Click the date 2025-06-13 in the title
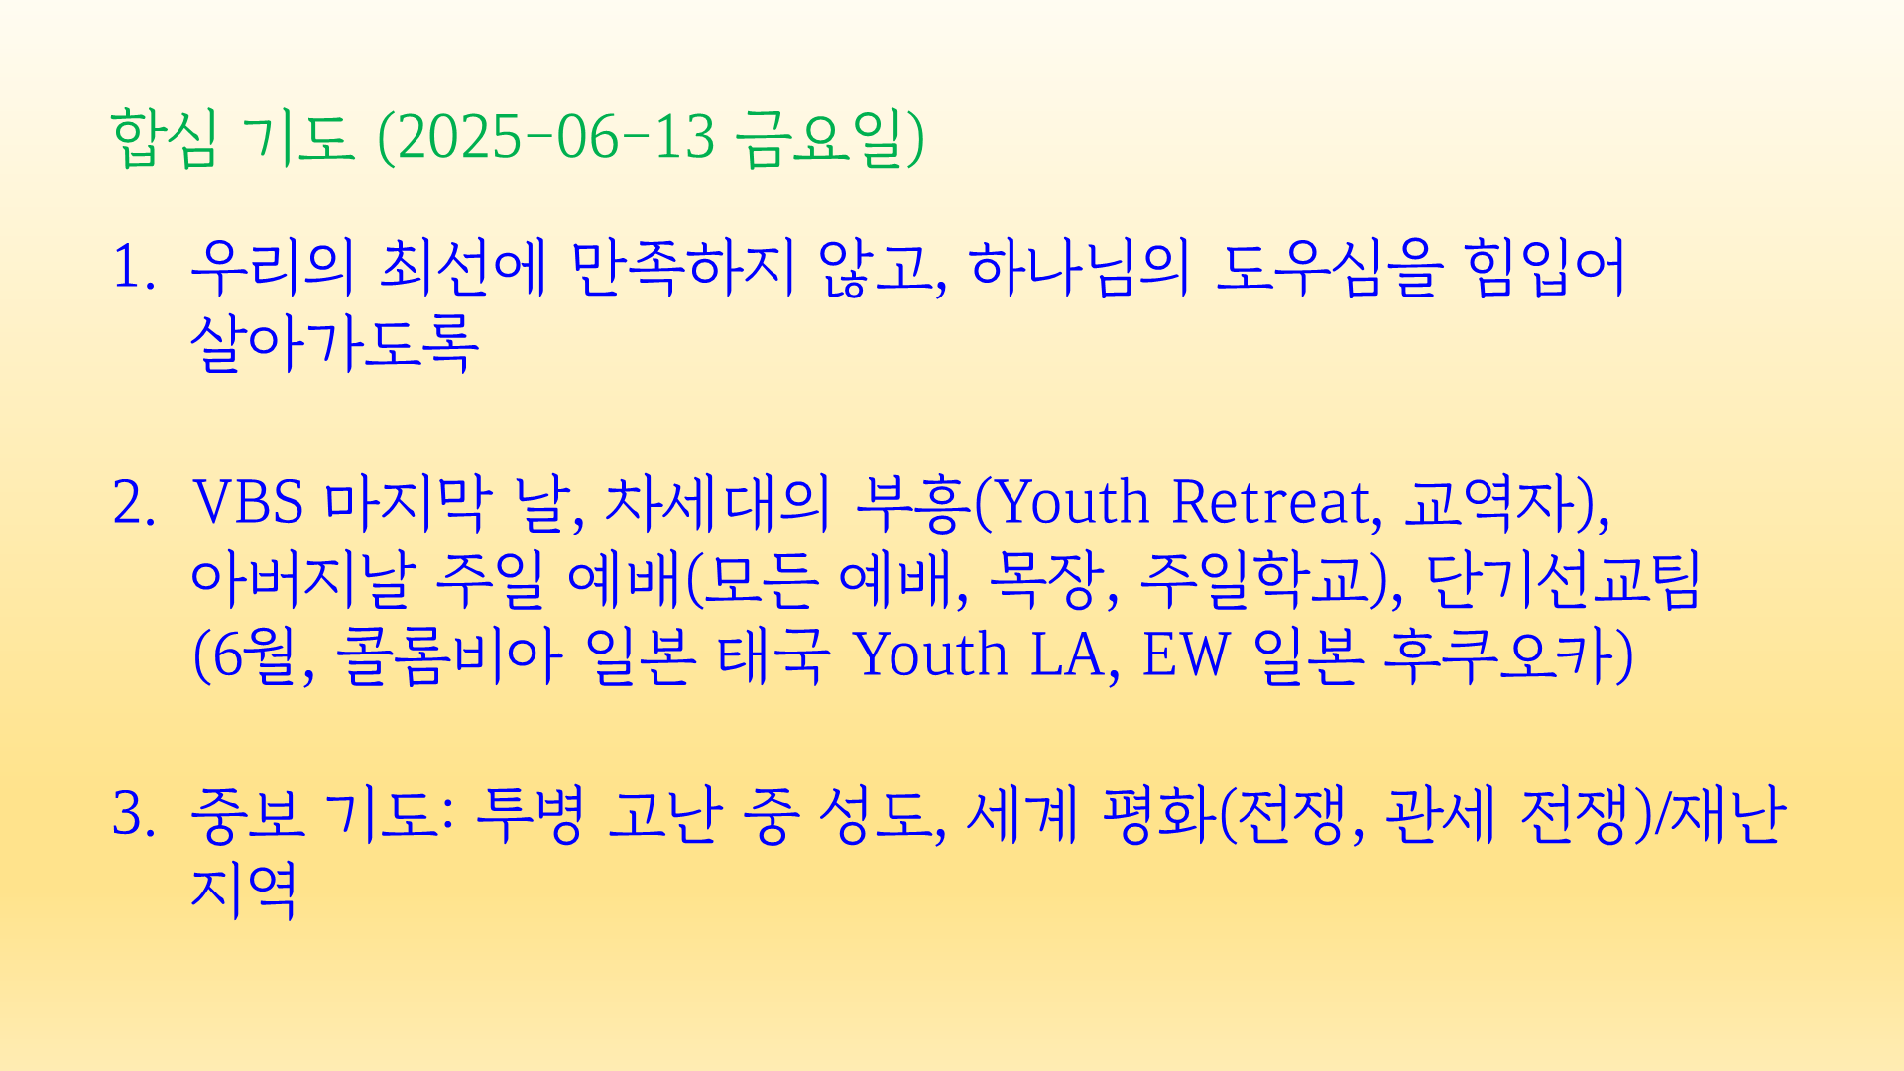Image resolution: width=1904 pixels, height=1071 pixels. click(x=555, y=136)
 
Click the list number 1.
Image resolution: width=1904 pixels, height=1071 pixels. click(x=134, y=268)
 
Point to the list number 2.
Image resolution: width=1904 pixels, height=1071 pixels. click(x=134, y=502)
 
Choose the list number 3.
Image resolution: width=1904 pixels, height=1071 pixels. click(x=134, y=814)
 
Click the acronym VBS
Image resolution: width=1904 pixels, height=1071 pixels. click(x=248, y=502)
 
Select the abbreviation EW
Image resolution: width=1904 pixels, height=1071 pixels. click(x=1186, y=655)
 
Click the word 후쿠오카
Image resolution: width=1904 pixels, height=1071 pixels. click(x=1499, y=655)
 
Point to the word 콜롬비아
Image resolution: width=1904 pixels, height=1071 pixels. click(x=448, y=655)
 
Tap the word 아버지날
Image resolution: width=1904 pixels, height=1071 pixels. click(x=299, y=579)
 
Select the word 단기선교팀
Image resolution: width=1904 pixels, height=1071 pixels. click(x=1563, y=579)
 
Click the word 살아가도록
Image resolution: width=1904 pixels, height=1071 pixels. click(x=335, y=343)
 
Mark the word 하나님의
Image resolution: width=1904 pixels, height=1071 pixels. click(x=1079, y=268)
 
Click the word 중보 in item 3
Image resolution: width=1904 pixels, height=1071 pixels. click(x=247, y=814)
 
